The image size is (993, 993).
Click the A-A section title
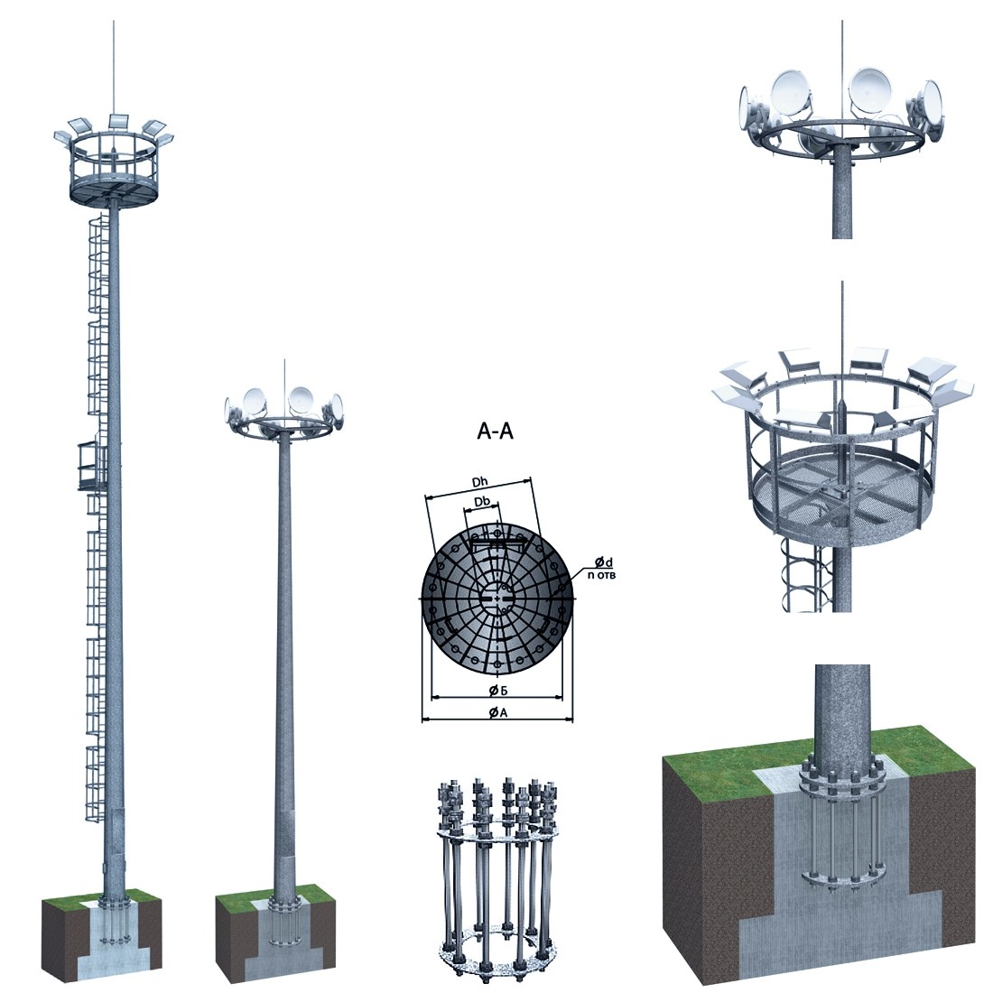pos(495,432)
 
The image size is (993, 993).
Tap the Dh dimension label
pos(480,483)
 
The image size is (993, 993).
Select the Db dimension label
pos(482,502)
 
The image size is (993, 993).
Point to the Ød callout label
pos(604,561)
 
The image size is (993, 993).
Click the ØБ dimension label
pos(497,691)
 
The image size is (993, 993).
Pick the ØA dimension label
pos(497,712)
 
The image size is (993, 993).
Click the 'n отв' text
pos(601,575)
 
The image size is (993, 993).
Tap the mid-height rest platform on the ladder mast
pos(92,467)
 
